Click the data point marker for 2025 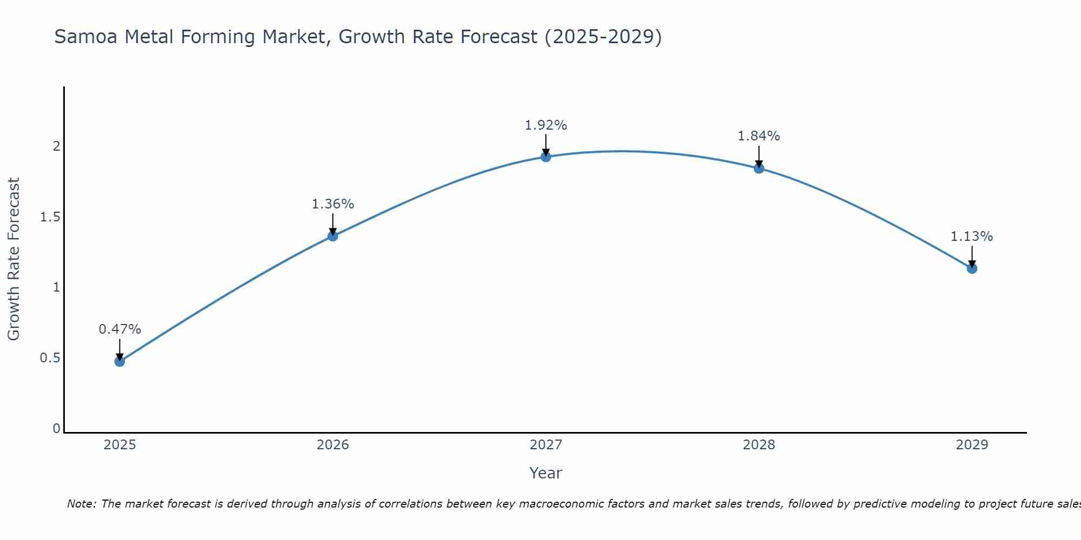pos(119,361)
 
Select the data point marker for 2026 pos(332,236)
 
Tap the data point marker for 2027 pos(546,157)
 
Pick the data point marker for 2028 pos(759,168)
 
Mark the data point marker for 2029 pos(972,268)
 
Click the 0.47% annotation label pos(119,329)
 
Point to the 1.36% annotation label pos(332,204)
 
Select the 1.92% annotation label pos(546,125)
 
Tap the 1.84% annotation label pos(759,136)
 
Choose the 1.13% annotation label pos(972,237)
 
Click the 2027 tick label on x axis pos(546,445)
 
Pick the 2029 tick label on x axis pos(972,445)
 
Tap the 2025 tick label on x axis pos(119,445)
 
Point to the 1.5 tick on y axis pos(50,217)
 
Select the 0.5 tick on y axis pos(50,358)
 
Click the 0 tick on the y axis pos(56,429)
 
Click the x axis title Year pos(546,473)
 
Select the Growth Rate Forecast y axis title pos(14,259)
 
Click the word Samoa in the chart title pos(86,37)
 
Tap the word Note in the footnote pos(81,504)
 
